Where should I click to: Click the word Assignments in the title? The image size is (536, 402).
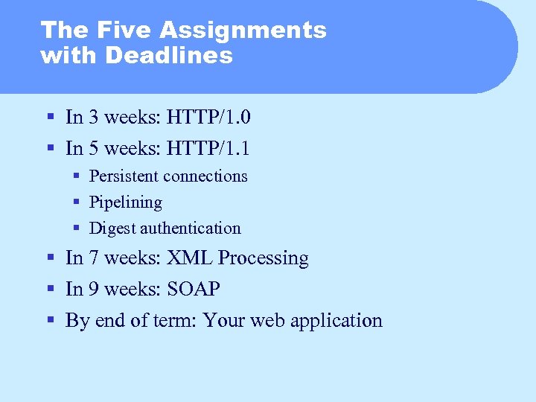pyautogui.click(x=243, y=31)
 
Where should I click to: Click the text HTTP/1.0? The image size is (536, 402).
pyautogui.click(x=208, y=117)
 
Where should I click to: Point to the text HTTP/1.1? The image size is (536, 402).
pyautogui.click(x=208, y=148)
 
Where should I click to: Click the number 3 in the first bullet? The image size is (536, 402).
pyautogui.click(x=94, y=117)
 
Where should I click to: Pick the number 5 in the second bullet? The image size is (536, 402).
pyautogui.click(x=94, y=148)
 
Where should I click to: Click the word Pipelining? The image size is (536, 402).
pyautogui.click(x=125, y=202)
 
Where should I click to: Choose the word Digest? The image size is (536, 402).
pyautogui.click(x=111, y=229)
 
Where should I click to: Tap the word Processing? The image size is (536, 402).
pyautogui.click(x=263, y=258)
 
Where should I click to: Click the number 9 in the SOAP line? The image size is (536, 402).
pyautogui.click(x=94, y=289)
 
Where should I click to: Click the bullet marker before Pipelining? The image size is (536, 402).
pyautogui.click(x=77, y=202)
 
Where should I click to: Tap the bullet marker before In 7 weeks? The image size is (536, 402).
pyautogui.click(x=51, y=258)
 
